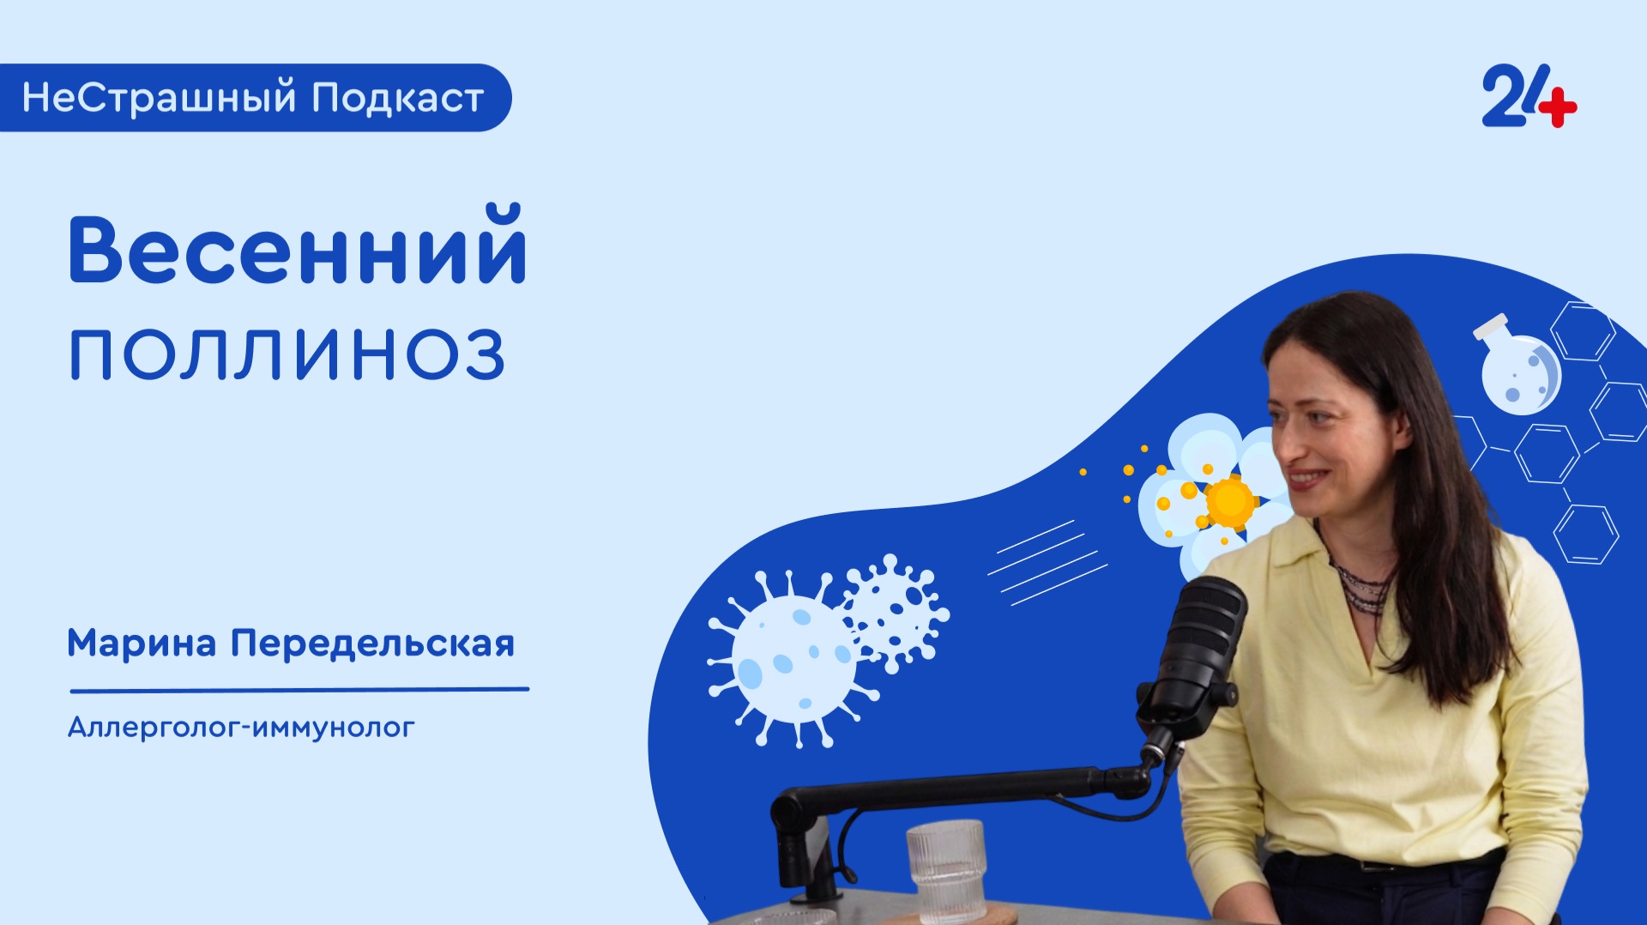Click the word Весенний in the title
point(297,247)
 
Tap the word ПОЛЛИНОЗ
point(287,354)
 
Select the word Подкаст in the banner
point(397,98)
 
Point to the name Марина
point(142,644)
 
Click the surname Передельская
point(372,644)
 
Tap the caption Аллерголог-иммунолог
point(241,728)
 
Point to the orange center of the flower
point(1229,500)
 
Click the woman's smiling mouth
point(1307,476)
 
